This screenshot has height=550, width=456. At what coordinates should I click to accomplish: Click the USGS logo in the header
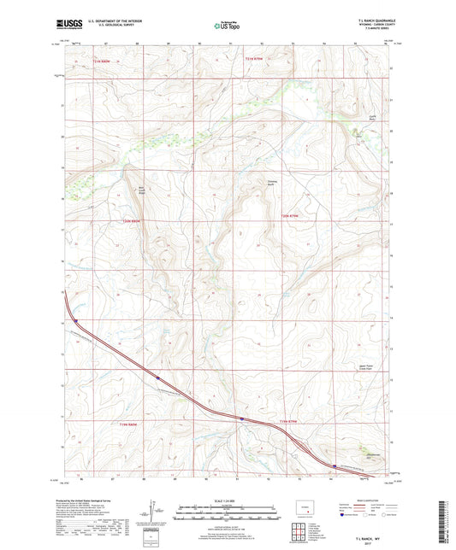tap(66, 24)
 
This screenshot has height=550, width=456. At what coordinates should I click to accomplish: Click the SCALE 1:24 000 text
tap(228, 500)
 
